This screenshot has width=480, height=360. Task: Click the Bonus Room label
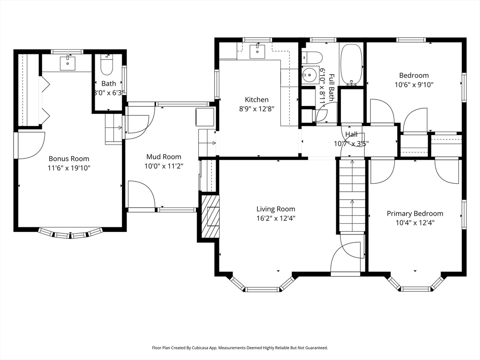click(69, 158)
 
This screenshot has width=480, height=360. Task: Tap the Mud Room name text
click(164, 157)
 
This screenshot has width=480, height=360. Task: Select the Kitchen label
click(256, 99)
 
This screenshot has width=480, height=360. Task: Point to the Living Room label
click(276, 209)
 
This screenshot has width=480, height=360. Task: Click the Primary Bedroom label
click(415, 213)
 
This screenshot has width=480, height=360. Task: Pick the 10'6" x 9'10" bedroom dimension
click(414, 84)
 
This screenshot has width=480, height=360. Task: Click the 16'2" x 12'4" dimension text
click(276, 218)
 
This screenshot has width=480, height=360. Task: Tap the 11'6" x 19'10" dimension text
click(69, 168)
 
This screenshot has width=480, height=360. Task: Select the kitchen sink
click(257, 51)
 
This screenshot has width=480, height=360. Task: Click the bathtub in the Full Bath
click(352, 65)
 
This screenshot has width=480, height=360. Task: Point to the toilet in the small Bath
click(107, 65)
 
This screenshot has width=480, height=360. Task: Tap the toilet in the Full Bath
click(312, 57)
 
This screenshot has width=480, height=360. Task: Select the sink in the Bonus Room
click(67, 63)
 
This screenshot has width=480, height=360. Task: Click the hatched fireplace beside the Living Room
click(210, 216)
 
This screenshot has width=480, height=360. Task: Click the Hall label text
click(351, 134)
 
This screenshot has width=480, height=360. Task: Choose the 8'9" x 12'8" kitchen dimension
click(256, 109)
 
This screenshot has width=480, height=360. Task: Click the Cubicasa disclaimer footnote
click(240, 348)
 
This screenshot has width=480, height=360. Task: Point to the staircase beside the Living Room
click(352, 196)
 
